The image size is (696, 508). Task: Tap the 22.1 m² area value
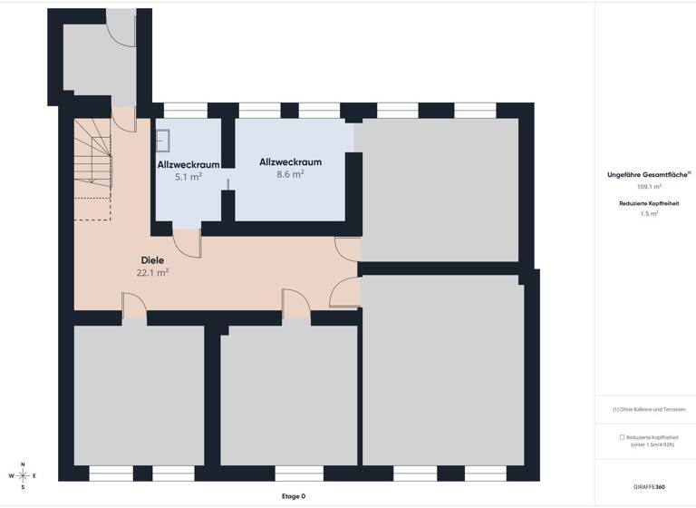(x=153, y=272)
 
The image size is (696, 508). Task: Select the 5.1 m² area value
(x=188, y=178)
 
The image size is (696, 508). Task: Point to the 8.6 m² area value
(x=290, y=175)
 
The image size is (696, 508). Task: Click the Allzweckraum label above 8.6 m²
(x=290, y=161)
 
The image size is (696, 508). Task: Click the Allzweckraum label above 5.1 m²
(x=188, y=164)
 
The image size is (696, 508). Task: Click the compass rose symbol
(x=24, y=475)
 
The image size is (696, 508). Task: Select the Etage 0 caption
(x=294, y=496)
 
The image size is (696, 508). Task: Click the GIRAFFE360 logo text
(x=648, y=487)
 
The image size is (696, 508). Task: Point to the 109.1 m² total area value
(x=648, y=186)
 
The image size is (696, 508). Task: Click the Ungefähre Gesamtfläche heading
(x=648, y=174)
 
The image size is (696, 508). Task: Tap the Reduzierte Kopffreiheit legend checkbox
(x=622, y=437)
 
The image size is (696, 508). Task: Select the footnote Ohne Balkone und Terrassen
(x=648, y=410)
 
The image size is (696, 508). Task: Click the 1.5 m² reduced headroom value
(x=648, y=214)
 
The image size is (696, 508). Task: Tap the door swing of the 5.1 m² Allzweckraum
(x=188, y=241)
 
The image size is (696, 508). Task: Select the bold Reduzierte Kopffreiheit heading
(x=648, y=202)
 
